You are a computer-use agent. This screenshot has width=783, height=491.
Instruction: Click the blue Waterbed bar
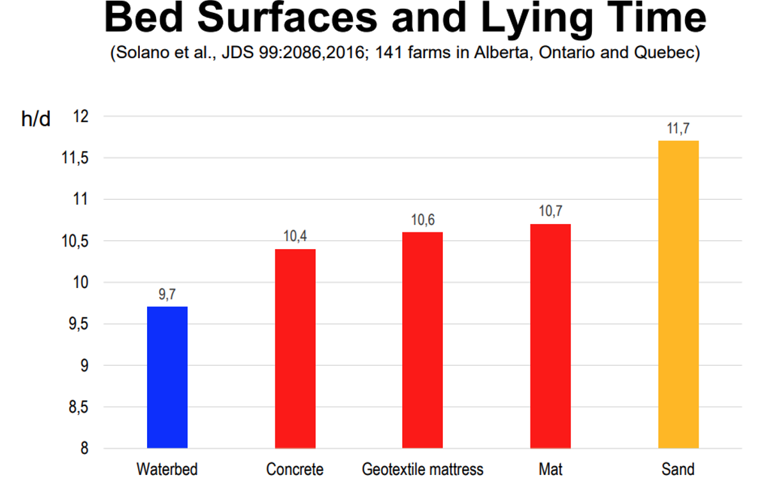(x=167, y=377)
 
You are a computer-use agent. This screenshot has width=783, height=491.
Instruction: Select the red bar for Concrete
(x=295, y=349)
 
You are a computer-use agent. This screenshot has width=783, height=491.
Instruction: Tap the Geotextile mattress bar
(x=423, y=340)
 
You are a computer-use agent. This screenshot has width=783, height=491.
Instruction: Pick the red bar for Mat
(x=550, y=336)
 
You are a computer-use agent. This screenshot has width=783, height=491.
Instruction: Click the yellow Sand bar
(x=678, y=294)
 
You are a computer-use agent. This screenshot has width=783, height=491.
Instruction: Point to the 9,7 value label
(x=167, y=296)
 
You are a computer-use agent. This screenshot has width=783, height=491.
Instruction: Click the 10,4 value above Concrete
(x=295, y=237)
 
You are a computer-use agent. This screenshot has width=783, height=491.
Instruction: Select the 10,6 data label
(x=423, y=220)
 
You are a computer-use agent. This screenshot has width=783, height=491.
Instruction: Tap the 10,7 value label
(x=550, y=212)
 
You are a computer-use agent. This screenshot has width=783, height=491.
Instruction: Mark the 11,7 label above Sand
(x=678, y=128)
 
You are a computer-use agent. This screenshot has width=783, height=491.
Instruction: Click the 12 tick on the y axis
(x=80, y=117)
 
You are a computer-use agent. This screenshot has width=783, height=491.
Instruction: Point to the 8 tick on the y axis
(x=83, y=449)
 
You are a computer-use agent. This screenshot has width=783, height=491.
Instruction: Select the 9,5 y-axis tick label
(x=77, y=324)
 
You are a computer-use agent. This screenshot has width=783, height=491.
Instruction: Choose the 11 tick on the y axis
(x=80, y=200)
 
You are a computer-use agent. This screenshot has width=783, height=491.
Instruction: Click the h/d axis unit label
(x=36, y=119)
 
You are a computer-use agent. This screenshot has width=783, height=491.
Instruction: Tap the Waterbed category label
(x=167, y=470)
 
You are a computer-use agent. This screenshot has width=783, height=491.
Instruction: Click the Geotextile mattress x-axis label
(x=423, y=470)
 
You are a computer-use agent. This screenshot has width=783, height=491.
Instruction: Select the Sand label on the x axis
(x=678, y=470)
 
